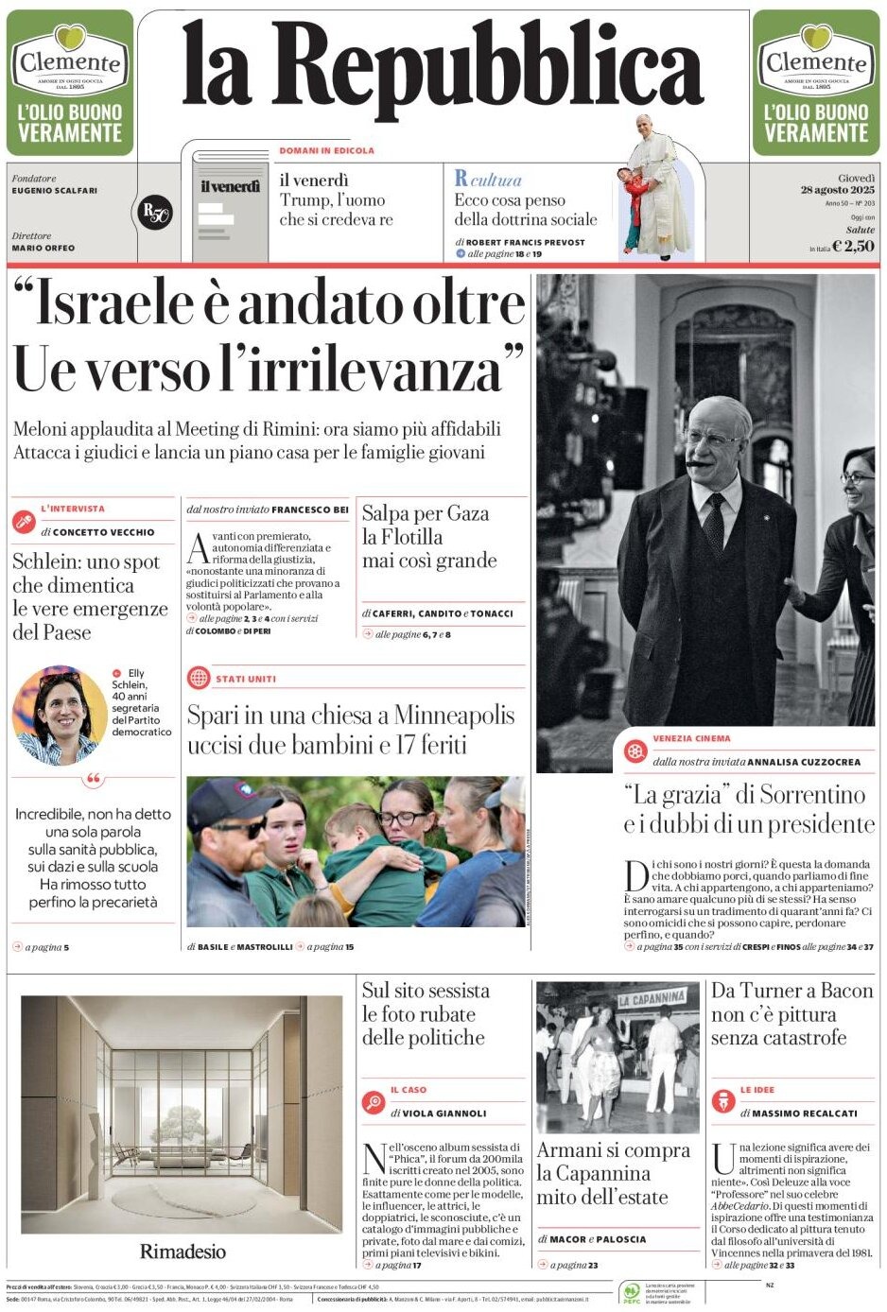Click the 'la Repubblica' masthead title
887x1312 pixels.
pos(443,66)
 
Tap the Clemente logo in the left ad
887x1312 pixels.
pos(70,62)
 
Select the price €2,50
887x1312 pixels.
pos(853,246)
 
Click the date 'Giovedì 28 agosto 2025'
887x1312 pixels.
pos(838,184)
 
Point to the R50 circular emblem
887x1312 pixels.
pos(154,213)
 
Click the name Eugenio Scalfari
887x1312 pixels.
pos(54,191)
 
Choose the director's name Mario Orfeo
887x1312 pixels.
pos(43,248)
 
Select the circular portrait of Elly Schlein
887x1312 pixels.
pos(59,715)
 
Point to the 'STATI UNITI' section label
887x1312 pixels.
pos(246,679)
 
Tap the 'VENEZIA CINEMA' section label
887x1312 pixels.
pos(691,738)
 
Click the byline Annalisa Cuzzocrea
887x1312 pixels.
pos(804,761)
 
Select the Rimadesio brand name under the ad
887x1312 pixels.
pos(183,1251)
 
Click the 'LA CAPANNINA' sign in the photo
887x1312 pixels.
pos(652,998)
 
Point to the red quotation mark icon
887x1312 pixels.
pos(93,781)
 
